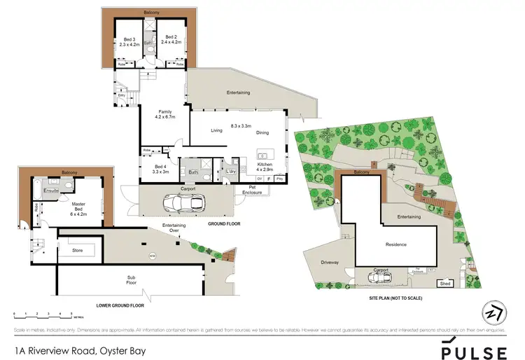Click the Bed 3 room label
pyautogui.click(x=128, y=39)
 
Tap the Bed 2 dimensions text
pyautogui.click(x=171, y=43)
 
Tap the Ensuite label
pyautogui.click(x=51, y=190)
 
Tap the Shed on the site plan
pyautogui.click(x=444, y=284)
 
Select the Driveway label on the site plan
pyautogui.click(x=330, y=263)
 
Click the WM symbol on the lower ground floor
pyautogui.click(x=152, y=257)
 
